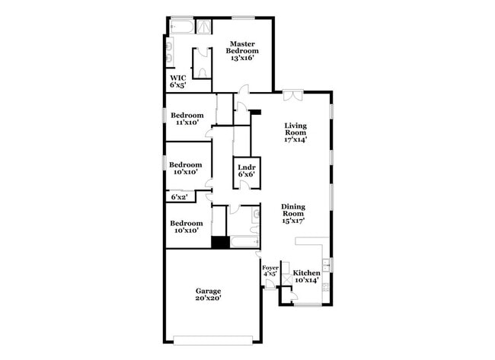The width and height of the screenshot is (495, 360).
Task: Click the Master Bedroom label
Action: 241,49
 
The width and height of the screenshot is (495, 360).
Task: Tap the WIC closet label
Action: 178,81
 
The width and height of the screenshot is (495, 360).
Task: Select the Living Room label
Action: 296,133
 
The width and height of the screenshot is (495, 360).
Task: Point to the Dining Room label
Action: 293,214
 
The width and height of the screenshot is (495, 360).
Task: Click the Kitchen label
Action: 307,276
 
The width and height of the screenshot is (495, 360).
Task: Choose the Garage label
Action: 208,295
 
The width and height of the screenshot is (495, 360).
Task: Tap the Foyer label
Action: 270,271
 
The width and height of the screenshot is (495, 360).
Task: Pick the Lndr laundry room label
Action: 245,170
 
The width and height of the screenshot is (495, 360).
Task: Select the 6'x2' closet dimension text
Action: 179,197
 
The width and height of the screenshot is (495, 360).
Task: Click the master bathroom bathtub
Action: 181,27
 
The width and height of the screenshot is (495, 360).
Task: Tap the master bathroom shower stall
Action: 204,27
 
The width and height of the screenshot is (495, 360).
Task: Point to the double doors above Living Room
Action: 292,94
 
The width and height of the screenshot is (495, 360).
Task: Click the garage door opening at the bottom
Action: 212,339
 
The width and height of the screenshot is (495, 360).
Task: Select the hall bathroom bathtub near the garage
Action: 244,244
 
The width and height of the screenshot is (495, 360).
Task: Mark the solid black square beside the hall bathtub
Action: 220,244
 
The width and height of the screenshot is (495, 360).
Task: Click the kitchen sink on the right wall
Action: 326,266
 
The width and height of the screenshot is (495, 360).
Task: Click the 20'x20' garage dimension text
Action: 208,299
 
